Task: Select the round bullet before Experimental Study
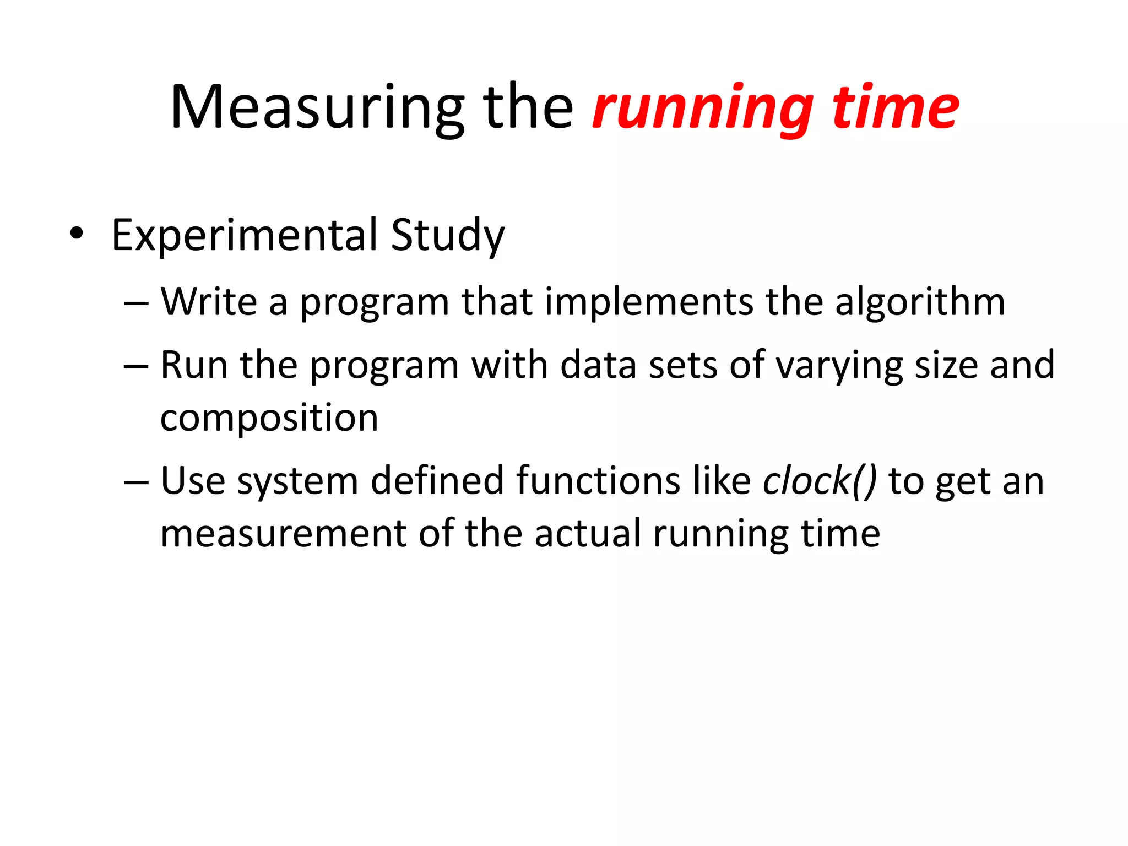(77, 235)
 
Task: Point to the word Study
(447, 236)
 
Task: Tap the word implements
(649, 303)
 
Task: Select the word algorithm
(919, 303)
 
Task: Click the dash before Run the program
(136, 366)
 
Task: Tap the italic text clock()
(819, 481)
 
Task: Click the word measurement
(283, 534)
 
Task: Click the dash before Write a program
(136, 303)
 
